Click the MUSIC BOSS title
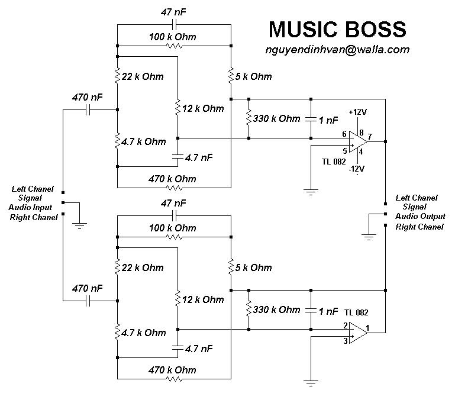coord(337,29)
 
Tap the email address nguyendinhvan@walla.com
coord(337,50)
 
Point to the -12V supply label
coord(357,169)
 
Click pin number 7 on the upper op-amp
coord(370,136)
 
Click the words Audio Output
coord(420,217)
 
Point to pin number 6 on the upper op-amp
coord(344,134)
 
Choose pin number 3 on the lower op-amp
coord(344,340)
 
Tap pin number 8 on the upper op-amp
coord(361,124)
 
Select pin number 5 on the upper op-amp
coord(344,150)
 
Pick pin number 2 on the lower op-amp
coord(344,325)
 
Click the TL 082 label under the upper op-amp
coord(334,162)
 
